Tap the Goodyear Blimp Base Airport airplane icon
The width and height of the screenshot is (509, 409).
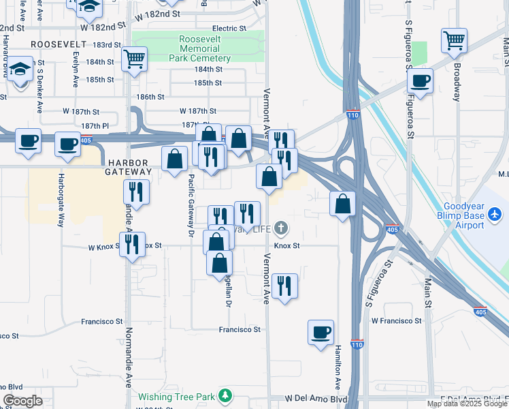pos(495,215)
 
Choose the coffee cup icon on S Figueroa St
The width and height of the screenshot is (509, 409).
pos(420,80)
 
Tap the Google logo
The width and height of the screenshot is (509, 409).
pos(22,401)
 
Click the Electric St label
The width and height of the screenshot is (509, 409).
pos(229,29)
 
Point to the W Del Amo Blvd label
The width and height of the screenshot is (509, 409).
pos(316,397)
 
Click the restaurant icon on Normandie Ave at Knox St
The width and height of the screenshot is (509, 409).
pos(132,244)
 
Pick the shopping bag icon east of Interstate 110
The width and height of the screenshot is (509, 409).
pos(342,203)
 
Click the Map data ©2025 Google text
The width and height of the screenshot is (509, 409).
pos(467,404)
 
